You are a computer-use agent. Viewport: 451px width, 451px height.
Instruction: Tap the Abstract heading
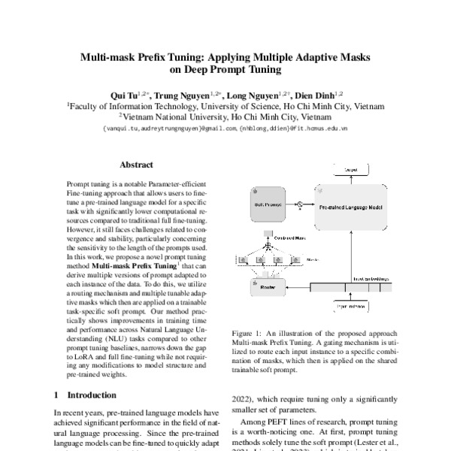[x=136, y=165]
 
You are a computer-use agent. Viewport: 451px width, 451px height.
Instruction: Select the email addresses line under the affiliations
[x=225, y=129]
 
